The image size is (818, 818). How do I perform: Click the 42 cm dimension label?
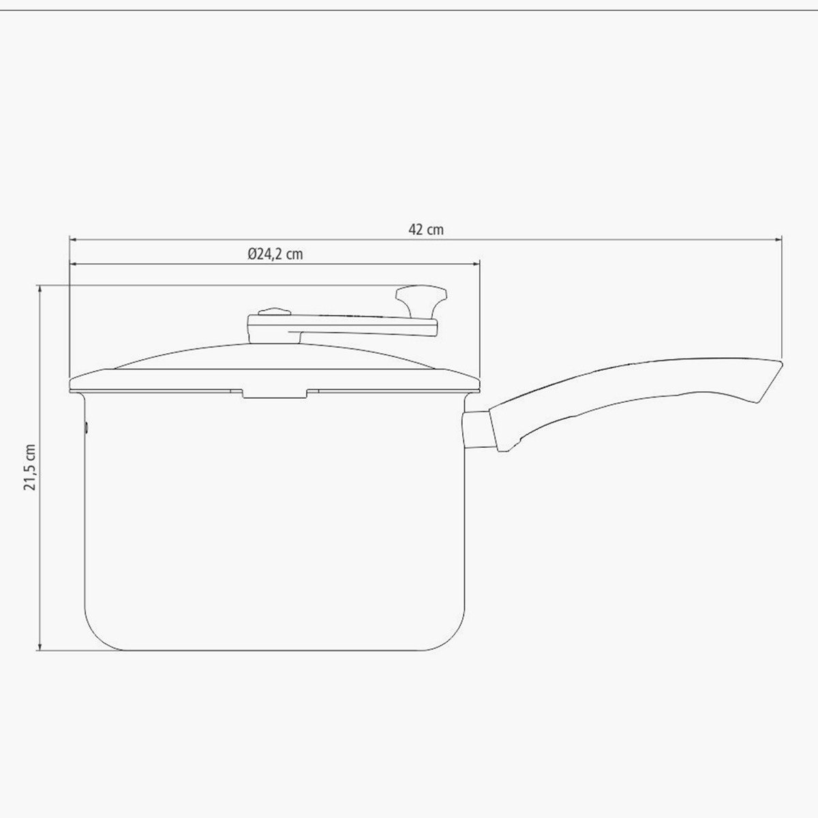(x=426, y=230)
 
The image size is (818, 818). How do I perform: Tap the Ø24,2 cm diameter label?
(x=275, y=254)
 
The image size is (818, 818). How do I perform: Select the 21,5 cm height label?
(x=30, y=468)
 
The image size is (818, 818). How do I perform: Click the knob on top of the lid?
(x=421, y=302)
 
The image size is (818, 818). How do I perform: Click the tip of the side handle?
(x=783, y=363)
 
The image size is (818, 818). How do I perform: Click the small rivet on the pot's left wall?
(x=87, y=426)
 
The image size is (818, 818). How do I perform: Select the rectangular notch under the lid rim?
(x=275, y=393)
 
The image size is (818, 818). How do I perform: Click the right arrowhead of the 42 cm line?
(x=778, y=239)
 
